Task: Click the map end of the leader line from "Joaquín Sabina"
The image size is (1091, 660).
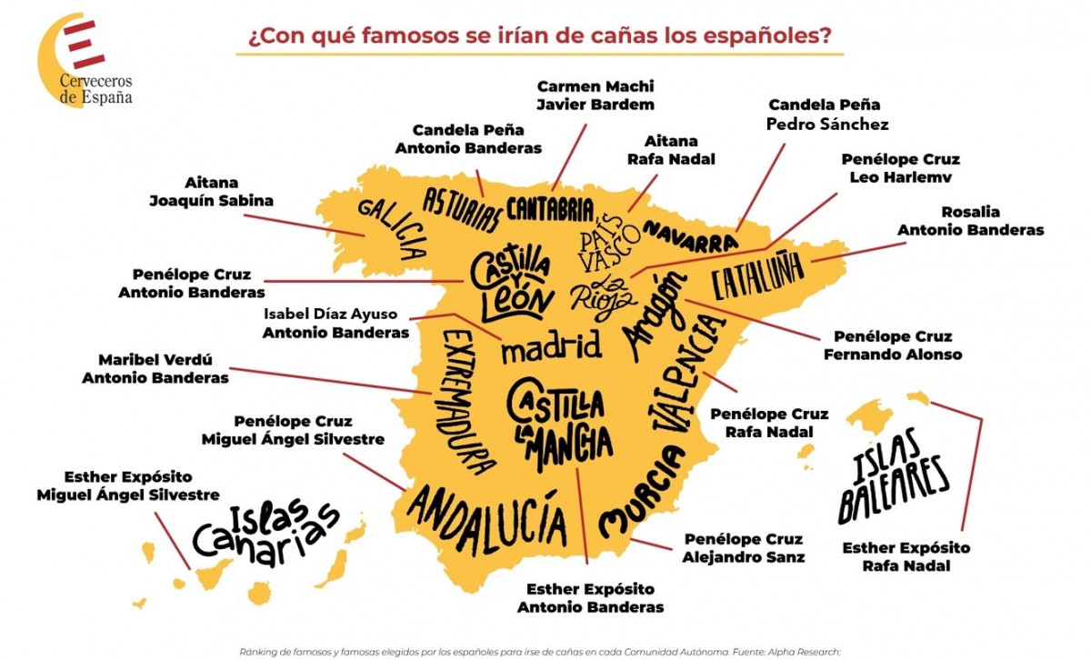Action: pyautogui.click(x=365, y=236)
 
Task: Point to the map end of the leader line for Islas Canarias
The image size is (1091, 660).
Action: pyautogui.click(x=190, y=569)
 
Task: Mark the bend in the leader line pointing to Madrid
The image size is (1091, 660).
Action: pyautogui.click(x=455, y=315)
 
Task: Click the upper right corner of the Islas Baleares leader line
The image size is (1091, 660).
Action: pyautogui.click(x=982, y=419)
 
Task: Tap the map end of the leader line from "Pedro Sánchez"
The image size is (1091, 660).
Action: pyautogui.click(x=736, y=232)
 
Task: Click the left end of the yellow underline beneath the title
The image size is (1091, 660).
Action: pyautogui.click(x=236, y=54)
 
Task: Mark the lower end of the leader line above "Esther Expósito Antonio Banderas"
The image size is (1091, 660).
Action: pyautogui.click(x=587, y=564)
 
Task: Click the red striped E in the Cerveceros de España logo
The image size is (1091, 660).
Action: pyautogui.click(x=84, y=45)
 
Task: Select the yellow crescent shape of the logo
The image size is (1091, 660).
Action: pyautogui.click(x=56, y=58)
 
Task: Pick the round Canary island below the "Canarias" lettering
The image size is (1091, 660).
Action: pyautogui.click(x=259, y=594)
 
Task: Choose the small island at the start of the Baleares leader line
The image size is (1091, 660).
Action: pyautogui.click(x=918, y=398)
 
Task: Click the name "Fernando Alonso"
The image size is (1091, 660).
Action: pyautogui.click(x=893, y=355)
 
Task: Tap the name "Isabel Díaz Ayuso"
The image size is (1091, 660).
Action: pyautogui.click(x=331, y=315)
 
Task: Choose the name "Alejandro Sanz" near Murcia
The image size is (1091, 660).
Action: pyautogui.click(x=744, y=557)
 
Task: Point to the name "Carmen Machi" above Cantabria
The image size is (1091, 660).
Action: pyautogui.click(x=596, y=86)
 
